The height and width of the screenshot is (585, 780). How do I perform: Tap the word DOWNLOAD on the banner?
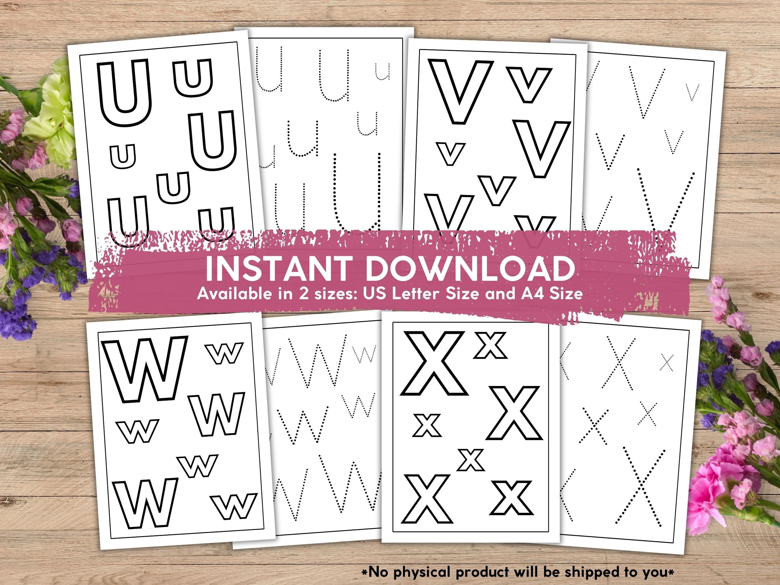pyautogui.click(x=470, y=269)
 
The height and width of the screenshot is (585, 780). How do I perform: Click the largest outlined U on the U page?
pyautogui.click(x=124, y=92)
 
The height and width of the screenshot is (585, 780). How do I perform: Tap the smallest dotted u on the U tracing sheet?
pyautogui.click(x=382, y=72)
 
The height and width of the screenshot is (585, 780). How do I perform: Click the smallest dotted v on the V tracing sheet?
pyautogui.click(x=693, y=92)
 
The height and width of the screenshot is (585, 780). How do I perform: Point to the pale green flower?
pyautogui.click(x=53, y=116)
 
